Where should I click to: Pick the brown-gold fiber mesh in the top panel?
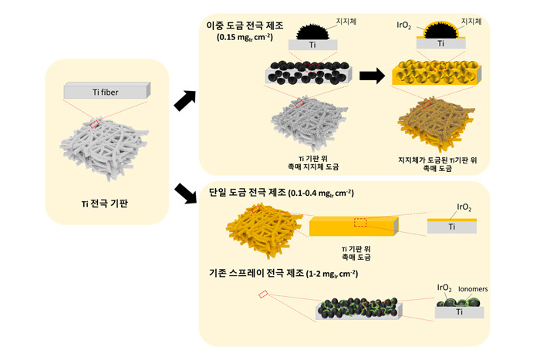point(434,123)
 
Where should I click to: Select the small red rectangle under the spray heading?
point(264,294)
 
